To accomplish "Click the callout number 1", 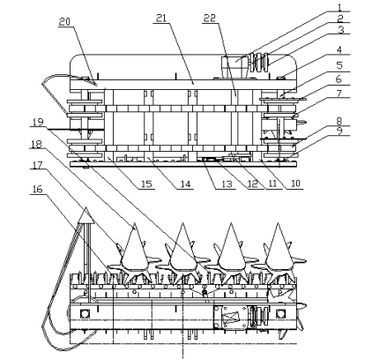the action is (x=339, y=6).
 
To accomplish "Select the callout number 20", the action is (x=65, y=22).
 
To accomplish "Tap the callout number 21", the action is (x=161, y=19).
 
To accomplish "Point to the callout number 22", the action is (x=210, y=19).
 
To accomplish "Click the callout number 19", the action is (x=38, y=122).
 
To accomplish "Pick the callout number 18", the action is (x=37, y=144).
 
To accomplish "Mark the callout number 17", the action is (x=37, y=165).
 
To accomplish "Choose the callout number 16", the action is (x=37, y=190).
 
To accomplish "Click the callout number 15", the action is (x=146, y=184).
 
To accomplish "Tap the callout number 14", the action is (x=185, y=184).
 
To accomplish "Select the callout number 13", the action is (x=227, y=184).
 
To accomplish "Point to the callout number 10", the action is (x=295, y=184).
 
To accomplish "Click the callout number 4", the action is (x=339, y=50).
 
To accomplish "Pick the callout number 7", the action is (x=339, y=94).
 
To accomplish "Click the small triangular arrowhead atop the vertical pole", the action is (x=86, y=215).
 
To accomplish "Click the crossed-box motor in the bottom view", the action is (x=230, y=318).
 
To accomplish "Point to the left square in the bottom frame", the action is (x=85, y=314).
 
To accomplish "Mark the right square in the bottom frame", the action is (x=280, y=314).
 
